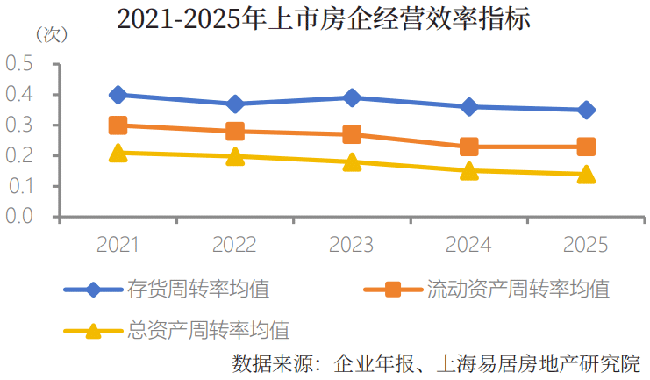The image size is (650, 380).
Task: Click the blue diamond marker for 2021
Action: click(x=118, y=95)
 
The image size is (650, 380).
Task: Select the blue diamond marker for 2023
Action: click(x=352, y=97)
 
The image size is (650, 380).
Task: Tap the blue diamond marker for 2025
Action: click(x=586, y=110)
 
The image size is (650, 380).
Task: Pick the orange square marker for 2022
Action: click(x=235, y=131)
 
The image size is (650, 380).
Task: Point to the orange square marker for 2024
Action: click(x=469, y=147)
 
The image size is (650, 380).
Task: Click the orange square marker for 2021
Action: click(x=118, y=125)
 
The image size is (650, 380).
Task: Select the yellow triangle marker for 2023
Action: click(x=352, y=162)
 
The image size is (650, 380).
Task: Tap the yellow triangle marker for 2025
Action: click(x=586, y=175)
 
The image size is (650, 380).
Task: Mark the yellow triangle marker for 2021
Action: click(x=118, y=153)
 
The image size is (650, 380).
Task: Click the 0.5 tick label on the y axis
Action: click(x=19, y=64)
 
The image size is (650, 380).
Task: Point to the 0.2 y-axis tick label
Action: click(x=19, y=155)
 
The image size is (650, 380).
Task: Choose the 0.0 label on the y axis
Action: click(x=19, y=216)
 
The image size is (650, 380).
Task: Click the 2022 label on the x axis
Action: click(x=234, y=244)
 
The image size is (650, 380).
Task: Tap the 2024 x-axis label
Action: click(x=468, y=244)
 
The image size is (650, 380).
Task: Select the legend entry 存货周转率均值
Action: click(x=167, y=289)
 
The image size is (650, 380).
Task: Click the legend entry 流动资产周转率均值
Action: click(x=487, y=289)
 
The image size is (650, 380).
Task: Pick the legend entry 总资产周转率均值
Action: click(x=176, y=331)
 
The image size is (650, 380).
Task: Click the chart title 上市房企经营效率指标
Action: click(x=399, y=18)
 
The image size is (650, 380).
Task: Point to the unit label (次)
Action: click(x=52, y=35)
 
